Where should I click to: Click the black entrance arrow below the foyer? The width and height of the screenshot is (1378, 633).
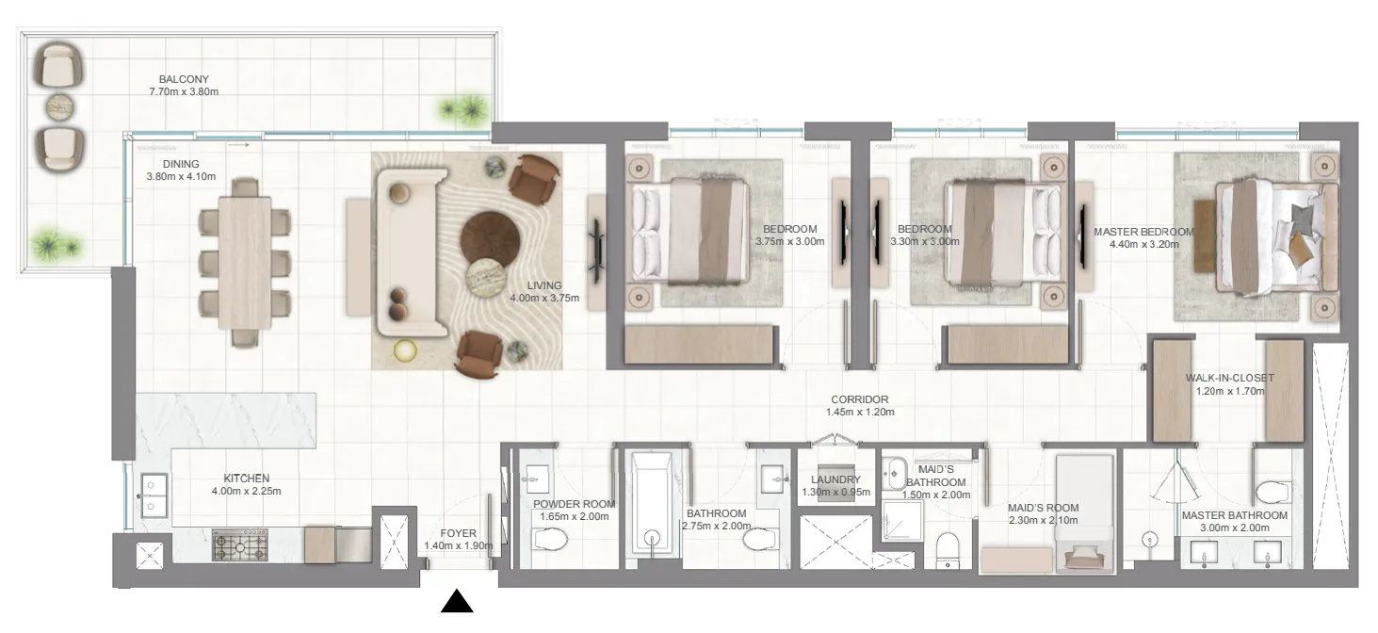click(457, 601)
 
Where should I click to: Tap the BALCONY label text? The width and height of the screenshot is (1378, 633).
click(184, 79)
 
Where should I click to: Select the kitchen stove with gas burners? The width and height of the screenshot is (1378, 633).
click(240, 545)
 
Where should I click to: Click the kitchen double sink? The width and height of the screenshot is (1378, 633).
click(153, 495)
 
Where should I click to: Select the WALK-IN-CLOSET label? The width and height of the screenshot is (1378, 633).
click(1228, 379)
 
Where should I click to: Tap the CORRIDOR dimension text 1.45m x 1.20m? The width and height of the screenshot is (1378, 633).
click(859, 412)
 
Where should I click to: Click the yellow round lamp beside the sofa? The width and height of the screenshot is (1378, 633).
click(406, 350)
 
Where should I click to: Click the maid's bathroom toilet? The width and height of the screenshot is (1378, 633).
click(948, 548)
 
